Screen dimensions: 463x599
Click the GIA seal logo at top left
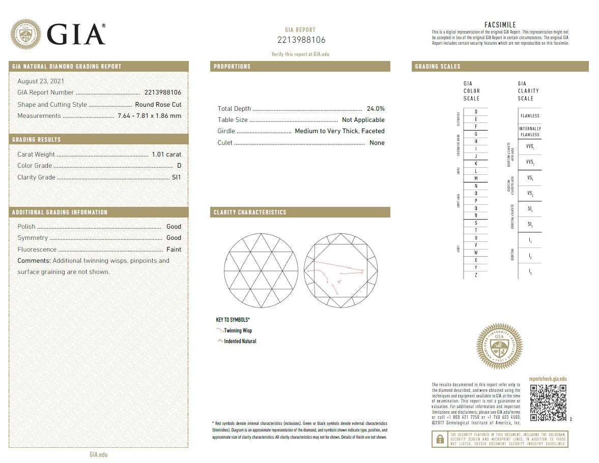coord(26,34)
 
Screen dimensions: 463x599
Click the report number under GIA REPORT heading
coord(301,40)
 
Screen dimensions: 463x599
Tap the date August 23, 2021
coord(41,81)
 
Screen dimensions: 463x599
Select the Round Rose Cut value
coord(161,105)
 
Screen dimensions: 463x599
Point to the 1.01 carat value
coord(166,155)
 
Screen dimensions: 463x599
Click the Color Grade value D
coord(179,166)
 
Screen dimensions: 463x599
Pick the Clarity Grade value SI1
coord(177,177)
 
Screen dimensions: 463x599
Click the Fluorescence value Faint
coord(174,250)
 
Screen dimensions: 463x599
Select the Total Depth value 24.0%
coord(376,109)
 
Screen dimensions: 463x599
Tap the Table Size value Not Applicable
coord(363,120)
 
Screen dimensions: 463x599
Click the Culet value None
coord(377,143)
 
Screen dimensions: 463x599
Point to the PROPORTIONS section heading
coord(232,67)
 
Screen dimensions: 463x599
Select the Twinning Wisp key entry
coord(238,331)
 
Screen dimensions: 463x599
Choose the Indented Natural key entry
coord(240,342)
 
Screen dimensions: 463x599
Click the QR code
coord(548,403)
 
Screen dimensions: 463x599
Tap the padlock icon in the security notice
coord(439,439)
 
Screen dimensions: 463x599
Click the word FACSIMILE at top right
coord(500,25)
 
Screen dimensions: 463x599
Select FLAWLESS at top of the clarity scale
coord(530,116)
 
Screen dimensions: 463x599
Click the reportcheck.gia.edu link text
coord(548,379)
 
